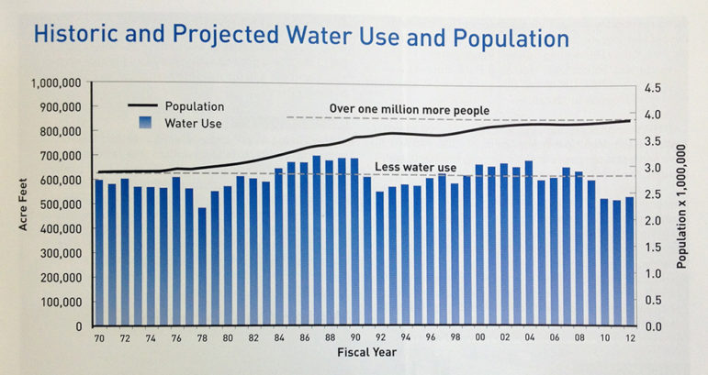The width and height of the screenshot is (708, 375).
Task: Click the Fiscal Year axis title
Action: coord(366,353)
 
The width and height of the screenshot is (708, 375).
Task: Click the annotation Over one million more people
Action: coord(410,109)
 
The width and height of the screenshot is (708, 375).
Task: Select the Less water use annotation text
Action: coord(416,167)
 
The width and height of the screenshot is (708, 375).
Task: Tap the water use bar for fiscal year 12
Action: coord(629,265)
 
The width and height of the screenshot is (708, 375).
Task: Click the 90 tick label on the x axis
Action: coord(354,337)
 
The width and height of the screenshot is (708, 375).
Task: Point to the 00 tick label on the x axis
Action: coord(478,337)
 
